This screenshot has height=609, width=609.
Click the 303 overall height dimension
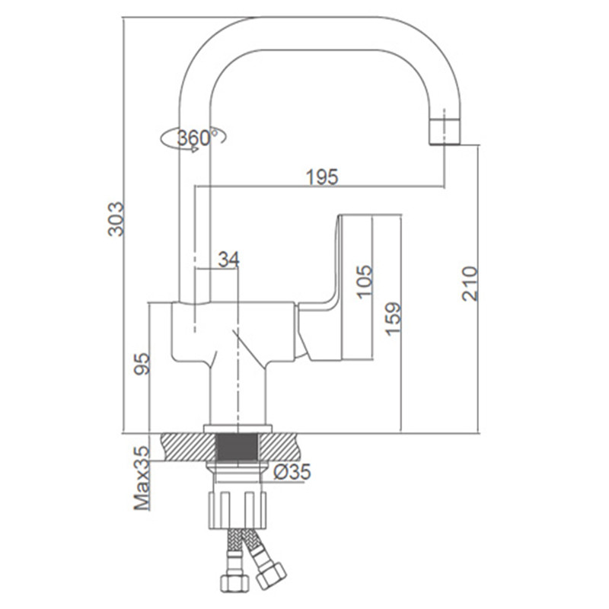pyautogui.click(x=116, y=218)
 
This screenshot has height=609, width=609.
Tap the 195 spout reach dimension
pyautogui.click(x=322, y=177)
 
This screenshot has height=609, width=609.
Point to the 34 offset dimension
pyautogui.click(x=229, y=259)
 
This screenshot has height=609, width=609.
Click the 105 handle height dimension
pyautogui.click(x=365, y=282)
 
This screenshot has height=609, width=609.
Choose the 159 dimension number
pyautogui.click(x=392, y=318)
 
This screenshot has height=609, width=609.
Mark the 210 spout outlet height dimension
pyautogui.click(x=470, y=283)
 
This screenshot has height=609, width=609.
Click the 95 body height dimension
pyautogui.click(x=142, y=364)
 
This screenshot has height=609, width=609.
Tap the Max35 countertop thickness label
pyautogui.click(x=142, y=478)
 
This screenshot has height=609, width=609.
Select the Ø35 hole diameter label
pyautogui.click(x=292, y=471)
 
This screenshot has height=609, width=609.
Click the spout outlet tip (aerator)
pyautogui.click(x=445, y=132)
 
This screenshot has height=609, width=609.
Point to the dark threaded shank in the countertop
pyautogui.click(x=237, y=448)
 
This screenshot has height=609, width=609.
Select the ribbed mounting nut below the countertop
pyautogui.click(x=238, y=510)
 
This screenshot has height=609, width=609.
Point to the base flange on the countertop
pyautogui.click(x=238, y=429)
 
